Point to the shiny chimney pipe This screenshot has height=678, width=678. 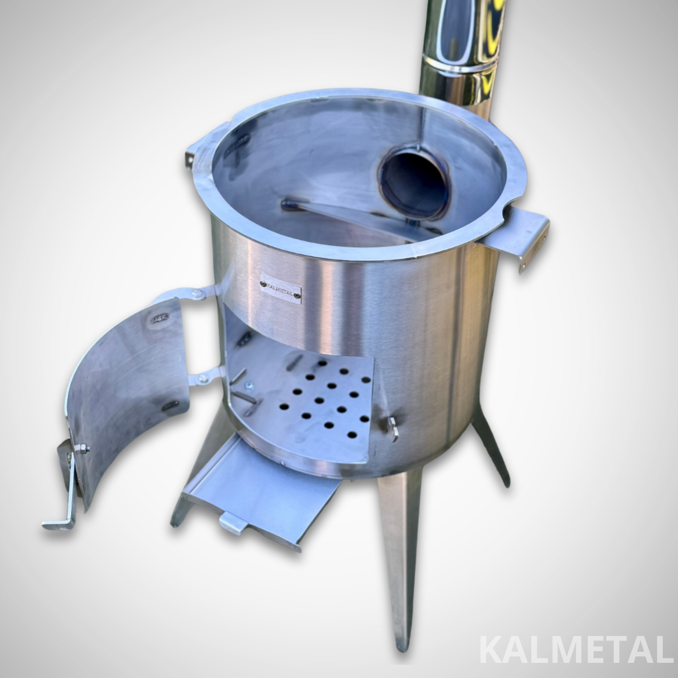click(460, 55)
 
